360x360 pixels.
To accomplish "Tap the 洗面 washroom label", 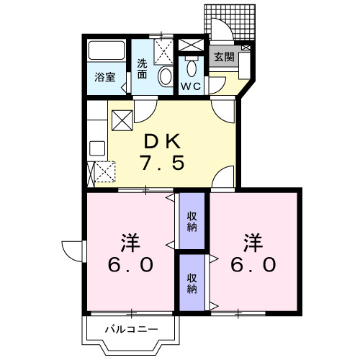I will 143,68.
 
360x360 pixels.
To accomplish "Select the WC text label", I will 190,86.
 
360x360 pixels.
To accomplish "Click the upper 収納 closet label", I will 192,222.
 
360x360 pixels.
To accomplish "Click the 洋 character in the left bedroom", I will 130,240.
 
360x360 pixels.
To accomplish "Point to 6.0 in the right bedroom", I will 253,264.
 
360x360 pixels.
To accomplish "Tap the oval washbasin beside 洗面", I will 165,77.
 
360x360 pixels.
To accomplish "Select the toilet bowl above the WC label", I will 191,69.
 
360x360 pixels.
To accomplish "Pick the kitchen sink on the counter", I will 96,151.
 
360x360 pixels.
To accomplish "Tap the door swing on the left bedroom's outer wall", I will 72,249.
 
